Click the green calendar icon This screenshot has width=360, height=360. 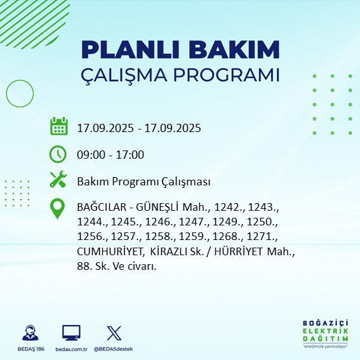(58, 126)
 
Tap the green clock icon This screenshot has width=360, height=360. (58, 154)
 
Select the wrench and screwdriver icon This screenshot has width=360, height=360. (58, 180)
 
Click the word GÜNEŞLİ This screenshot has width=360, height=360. (156, 208)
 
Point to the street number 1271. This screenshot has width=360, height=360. (263, 237)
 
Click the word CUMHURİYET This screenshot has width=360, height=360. (111, 252)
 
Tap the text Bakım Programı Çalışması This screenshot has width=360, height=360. (143, 182)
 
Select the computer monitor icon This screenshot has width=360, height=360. (71, 332)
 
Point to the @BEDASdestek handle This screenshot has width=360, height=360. (114, 349)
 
